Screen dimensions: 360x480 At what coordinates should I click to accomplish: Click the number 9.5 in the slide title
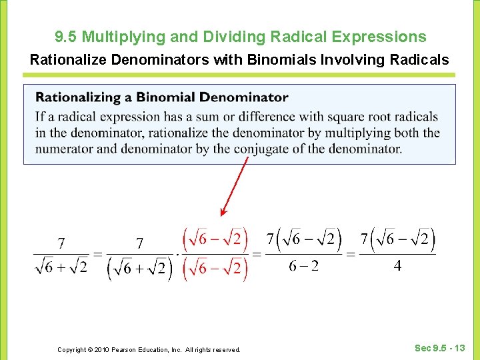pos(67,37)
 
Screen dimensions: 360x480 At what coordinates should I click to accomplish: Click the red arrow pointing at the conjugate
pos(235,186)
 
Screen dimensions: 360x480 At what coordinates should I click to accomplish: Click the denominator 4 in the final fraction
pos(397,266)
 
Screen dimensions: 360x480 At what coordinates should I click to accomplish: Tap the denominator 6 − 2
pos(303,266)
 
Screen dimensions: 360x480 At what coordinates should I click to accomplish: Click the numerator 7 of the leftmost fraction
pos(61,244)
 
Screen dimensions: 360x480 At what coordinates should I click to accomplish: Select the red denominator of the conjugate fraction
pos(215,269)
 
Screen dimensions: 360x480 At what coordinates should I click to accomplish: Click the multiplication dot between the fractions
pos(177,254)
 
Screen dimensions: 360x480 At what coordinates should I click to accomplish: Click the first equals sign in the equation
pos(97,254)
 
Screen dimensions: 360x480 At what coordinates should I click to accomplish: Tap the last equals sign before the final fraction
pos(351,254)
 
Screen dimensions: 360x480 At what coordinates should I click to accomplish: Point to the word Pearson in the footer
pos(123,349)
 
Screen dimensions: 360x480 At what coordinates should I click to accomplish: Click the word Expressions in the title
pos(381,37)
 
